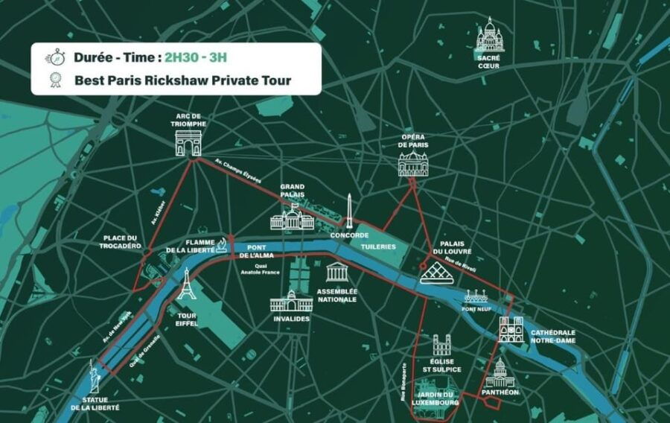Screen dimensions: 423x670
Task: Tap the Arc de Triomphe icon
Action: point(188,143)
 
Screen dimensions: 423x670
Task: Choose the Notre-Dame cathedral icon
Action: point(511,328)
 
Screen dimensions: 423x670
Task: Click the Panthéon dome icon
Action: point(500,372)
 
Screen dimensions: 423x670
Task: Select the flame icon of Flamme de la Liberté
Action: point(221,245)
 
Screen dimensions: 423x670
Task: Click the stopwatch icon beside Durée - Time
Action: point(55,58)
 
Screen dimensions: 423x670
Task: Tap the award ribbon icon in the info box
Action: point(55,80)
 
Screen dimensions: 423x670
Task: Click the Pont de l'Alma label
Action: point(257,252)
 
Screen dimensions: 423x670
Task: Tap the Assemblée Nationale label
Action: point(336,295)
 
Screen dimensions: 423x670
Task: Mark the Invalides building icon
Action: point(290,301)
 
